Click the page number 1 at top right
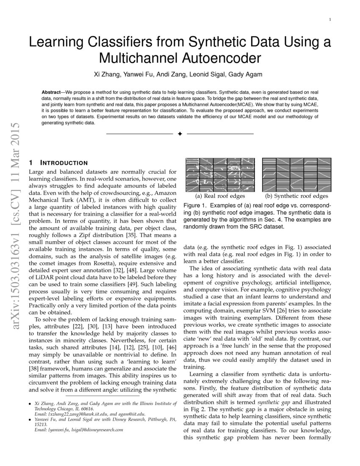pyautogui.click(x=330, y=19)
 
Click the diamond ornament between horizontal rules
pyautogui.click(x=180, y=134)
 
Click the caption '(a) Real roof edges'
pyautogui.click(x=219, y=196)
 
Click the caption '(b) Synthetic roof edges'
pyautogui.click(x=296, y=196)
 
